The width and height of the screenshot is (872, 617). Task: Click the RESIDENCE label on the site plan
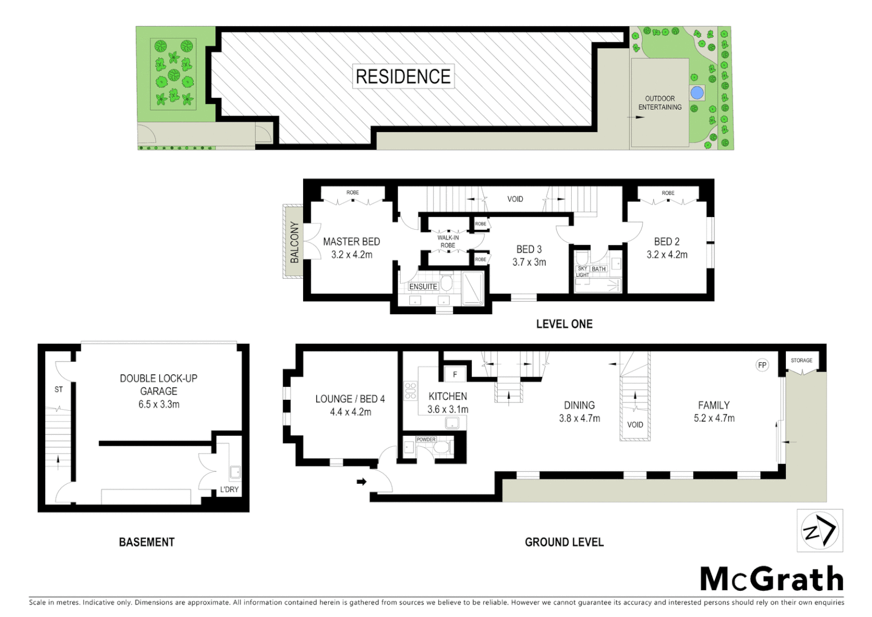403,76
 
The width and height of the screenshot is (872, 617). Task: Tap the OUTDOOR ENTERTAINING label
660,103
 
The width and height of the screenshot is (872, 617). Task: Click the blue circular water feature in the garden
696,92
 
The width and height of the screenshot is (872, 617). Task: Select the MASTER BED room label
352,242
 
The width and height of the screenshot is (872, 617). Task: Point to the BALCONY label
294,242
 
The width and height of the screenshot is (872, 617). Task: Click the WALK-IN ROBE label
447,242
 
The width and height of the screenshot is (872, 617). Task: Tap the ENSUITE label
423,286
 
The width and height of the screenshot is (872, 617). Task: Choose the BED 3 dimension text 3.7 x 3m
529,262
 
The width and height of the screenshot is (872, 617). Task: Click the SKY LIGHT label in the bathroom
582,271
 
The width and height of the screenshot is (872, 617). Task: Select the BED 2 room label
667,242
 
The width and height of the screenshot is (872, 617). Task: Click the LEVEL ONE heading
564,324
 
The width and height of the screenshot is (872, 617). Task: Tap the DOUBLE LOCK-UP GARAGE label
159,384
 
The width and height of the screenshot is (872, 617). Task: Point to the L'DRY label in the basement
229,490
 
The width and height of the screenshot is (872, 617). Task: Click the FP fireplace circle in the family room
761,365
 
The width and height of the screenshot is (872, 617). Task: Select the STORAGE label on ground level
801,360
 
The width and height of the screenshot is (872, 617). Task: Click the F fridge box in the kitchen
455,375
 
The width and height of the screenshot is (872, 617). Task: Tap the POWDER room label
426,439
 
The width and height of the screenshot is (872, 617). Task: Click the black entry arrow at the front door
361,482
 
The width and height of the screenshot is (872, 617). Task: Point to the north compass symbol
819,531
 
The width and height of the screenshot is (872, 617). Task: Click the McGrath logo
772,579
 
